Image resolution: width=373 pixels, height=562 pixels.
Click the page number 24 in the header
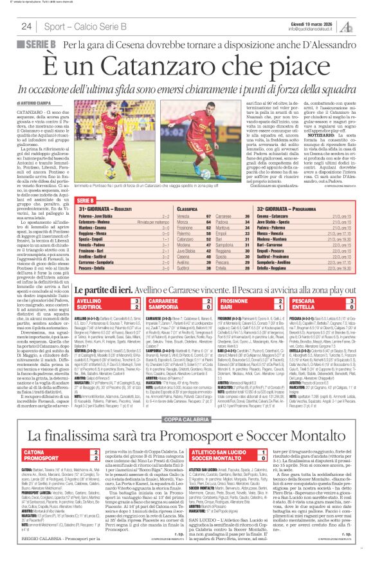(26, 26)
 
